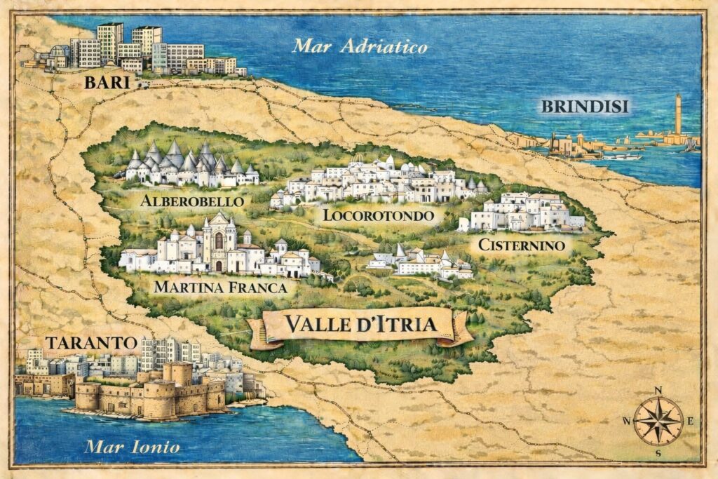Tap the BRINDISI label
585,107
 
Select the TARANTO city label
90,343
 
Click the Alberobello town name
192,201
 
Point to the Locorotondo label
378,215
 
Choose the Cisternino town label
521,245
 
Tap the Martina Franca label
221,287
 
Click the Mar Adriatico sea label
360,47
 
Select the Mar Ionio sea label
133,447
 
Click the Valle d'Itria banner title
360,325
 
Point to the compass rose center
658,421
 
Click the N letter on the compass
658,391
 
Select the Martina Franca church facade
218,243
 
